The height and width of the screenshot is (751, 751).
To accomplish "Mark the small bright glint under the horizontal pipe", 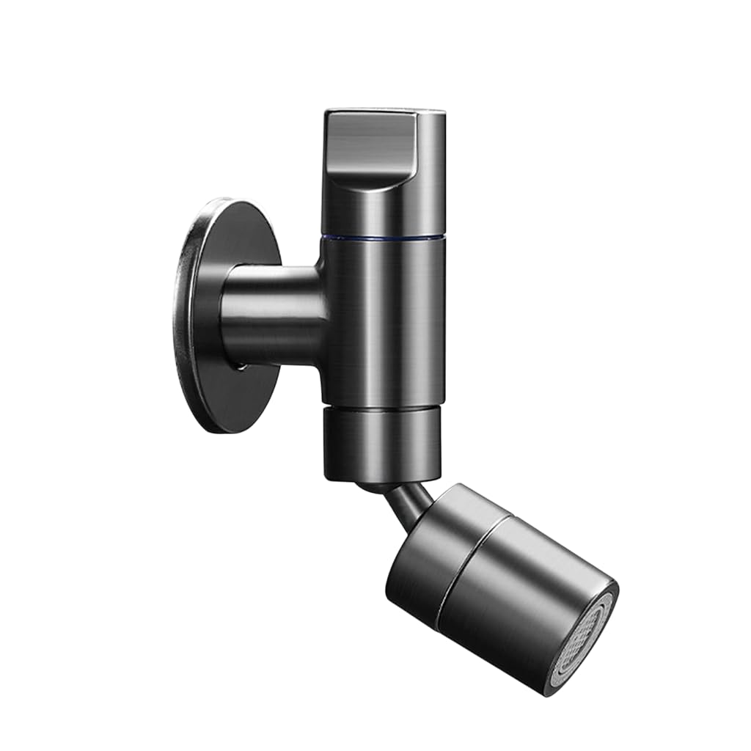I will [x=241, y=364].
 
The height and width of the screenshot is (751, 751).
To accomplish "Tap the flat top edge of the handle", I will [x=385, y=112].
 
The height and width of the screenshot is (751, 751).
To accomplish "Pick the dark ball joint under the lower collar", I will [x=374, y=486].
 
